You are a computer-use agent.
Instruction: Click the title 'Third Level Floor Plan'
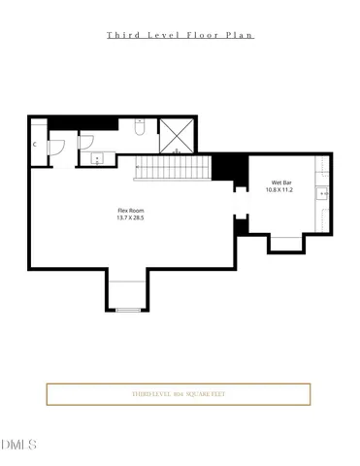click(180, 35)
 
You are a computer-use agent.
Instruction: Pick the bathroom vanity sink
click(96, 158)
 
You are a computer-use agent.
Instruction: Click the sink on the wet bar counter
click(323, 193)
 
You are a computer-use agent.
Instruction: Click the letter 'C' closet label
click(35, 146)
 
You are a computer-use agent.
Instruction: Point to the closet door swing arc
click(56, 147)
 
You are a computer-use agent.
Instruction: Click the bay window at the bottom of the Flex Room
click(128, 294)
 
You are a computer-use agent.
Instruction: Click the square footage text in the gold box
click(179, 394)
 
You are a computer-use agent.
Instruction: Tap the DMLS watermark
click(18, 445)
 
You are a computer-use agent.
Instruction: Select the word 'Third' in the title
click(121, 35)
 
